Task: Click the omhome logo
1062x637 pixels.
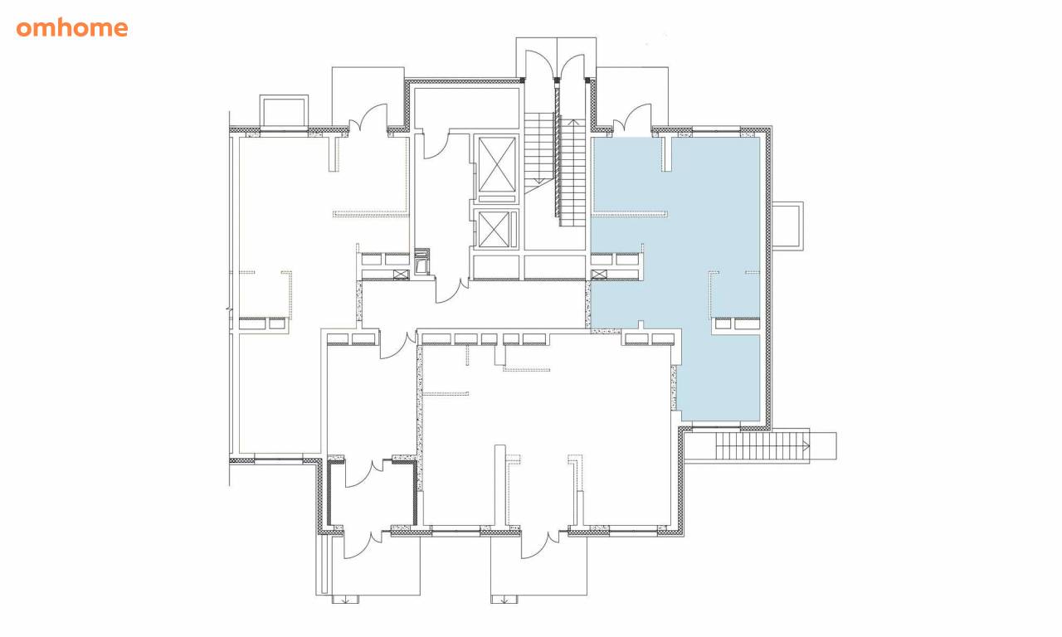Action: coord(72,28)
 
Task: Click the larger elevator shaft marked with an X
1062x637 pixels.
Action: coord(497,164)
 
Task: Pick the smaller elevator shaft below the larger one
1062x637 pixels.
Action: coord(494,230)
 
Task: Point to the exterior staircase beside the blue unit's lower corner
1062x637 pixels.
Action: coord(762,446)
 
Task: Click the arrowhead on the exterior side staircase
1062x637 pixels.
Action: coord(806,445)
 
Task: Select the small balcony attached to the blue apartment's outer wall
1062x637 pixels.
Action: coord(787,226)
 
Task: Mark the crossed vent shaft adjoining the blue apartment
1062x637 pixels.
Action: coord(599,274)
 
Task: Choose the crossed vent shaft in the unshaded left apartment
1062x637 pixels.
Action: coord(401,274)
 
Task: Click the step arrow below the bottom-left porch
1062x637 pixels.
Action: coord(345,600)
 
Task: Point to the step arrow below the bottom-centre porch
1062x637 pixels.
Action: coord(504,600)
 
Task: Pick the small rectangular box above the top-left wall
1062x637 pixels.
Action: coord(284,111)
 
